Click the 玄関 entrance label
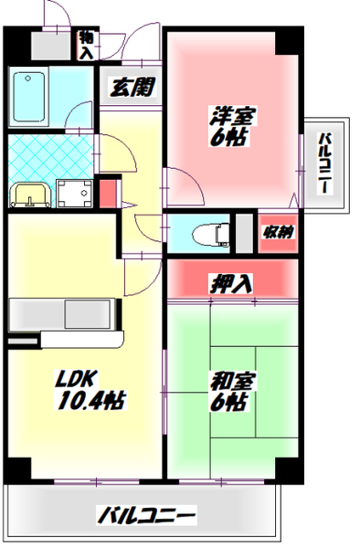click(132, 89)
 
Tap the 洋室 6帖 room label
click(233, 127)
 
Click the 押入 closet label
click(234, 283)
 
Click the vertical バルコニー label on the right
click(324, 164)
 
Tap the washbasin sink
click(27, 194)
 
